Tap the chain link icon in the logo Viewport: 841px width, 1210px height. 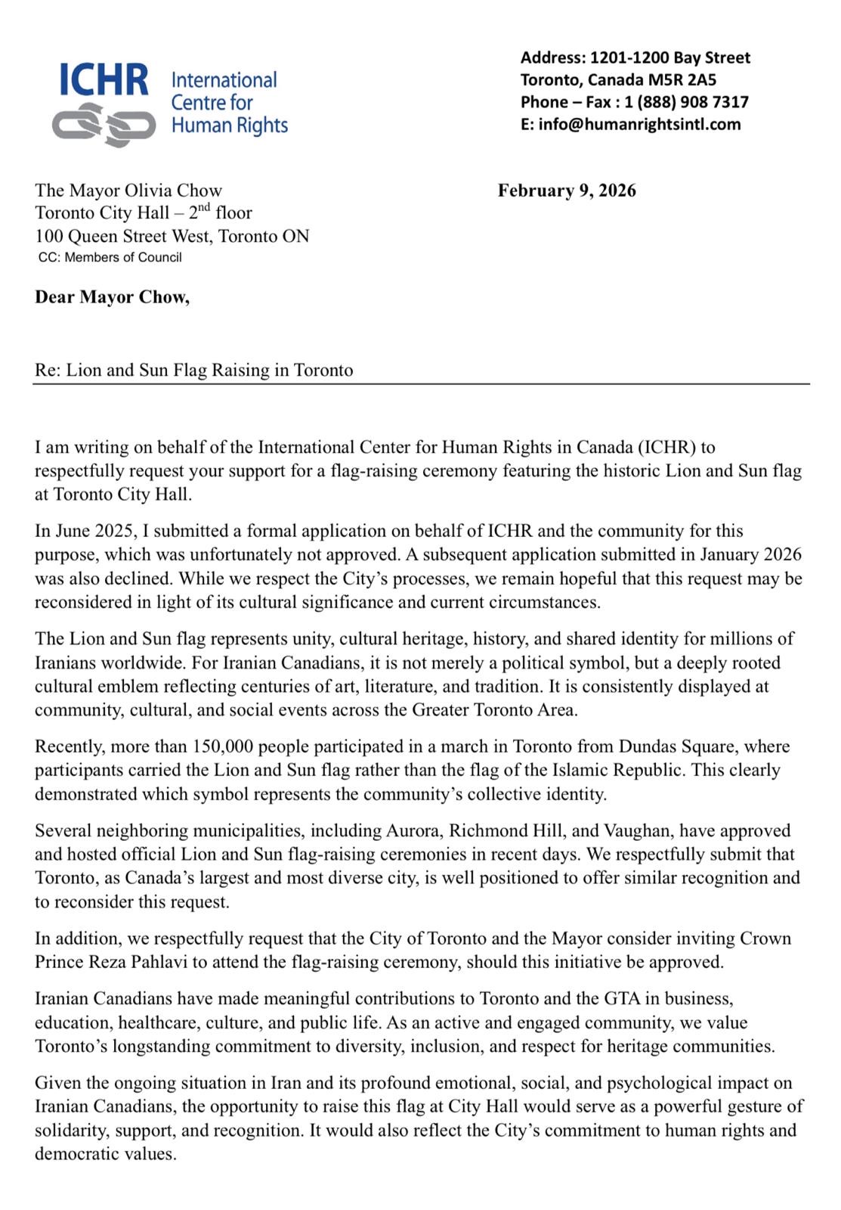(x=104, y=125)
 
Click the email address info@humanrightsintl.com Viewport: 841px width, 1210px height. (x=639, y=124)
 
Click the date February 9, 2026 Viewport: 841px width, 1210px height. (x=567, y=191)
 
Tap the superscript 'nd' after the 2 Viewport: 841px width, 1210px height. (x=204, y=207)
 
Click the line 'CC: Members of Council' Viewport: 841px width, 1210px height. (x=110, y=258)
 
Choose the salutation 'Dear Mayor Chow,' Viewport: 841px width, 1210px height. (x=112, y=297)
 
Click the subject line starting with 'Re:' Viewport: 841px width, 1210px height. (x=194, y=371)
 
